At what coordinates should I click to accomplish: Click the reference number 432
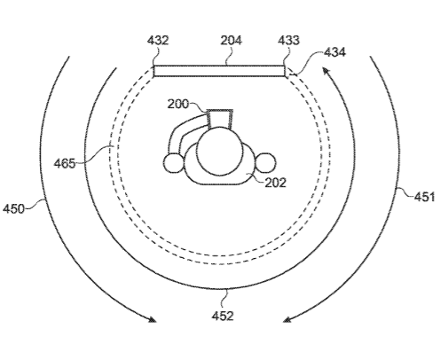[x=158, y=40]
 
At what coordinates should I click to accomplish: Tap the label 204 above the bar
[x=231, y=40]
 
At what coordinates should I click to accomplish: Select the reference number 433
[x=288, y=40]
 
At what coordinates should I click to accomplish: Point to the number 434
[x=334, y=52]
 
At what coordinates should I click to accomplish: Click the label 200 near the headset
[x=178, y=104]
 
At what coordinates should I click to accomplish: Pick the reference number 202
[x=275, y=183]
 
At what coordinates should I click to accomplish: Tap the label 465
[x=65, y=163]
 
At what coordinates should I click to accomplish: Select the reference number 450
[x=13, y=209]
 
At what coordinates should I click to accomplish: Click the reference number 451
[x=425, y=197]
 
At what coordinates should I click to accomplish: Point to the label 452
[x=223, y=316]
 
